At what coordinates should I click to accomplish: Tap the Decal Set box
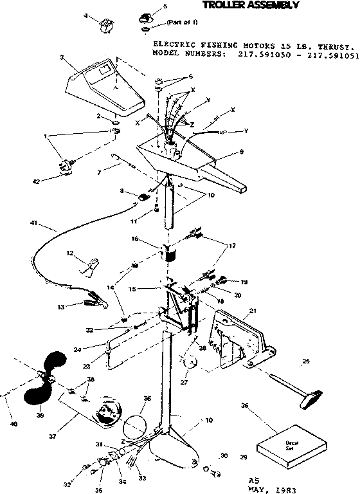pyautogui.click(x=283, y=444)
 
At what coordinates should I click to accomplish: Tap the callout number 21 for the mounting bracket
pyautogui.click(x=253, y=310)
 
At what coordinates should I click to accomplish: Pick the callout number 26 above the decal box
pyautogui.click(x=244, y=406)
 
